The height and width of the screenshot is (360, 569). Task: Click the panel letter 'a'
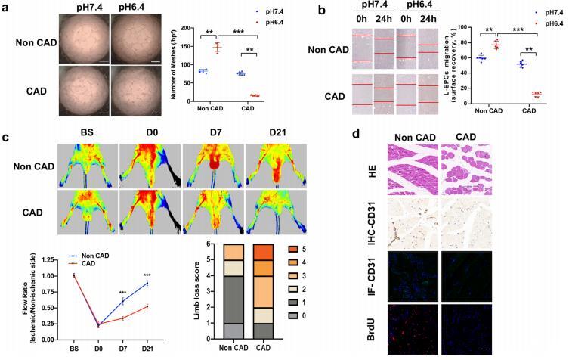(6, 8)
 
